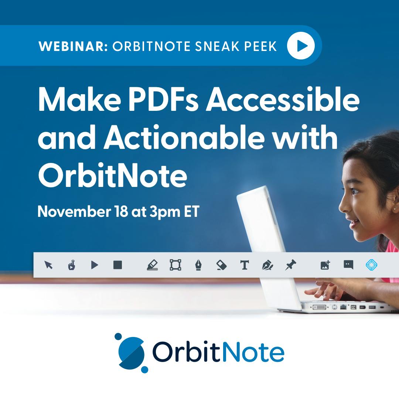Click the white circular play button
301,45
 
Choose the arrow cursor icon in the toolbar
48,265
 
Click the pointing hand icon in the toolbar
72,265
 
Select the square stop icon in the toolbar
117,265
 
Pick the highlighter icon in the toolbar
152,265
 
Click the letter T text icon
244,265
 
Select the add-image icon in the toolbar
325,265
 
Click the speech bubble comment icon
348,265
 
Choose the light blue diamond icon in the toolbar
371,265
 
